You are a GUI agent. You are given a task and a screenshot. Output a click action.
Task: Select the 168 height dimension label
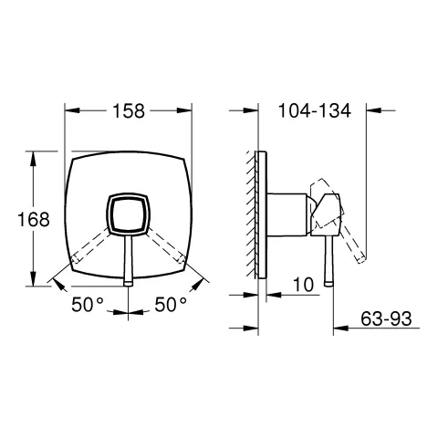pos(32,220)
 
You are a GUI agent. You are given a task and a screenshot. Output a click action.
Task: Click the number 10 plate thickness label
pos(303,285)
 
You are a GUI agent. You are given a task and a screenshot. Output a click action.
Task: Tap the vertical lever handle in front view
pos(127,260)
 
